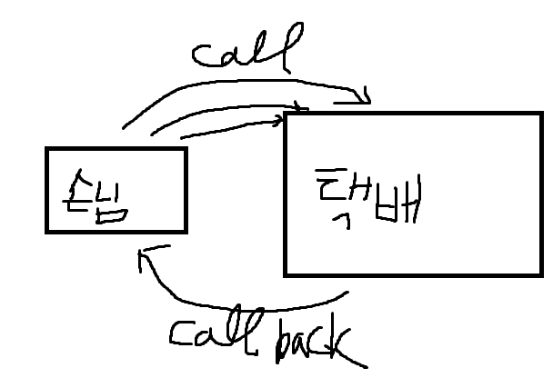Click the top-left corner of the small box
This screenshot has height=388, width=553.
tap(47, 149)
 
